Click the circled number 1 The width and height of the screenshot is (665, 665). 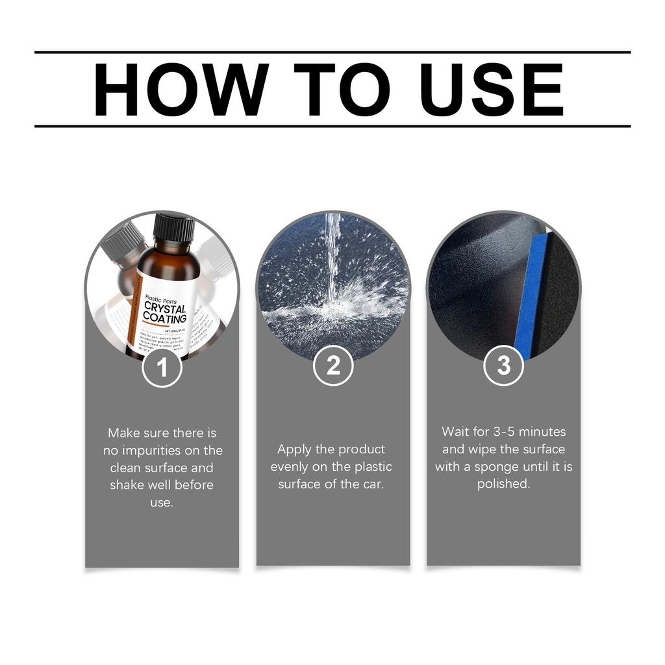tap(162, 368)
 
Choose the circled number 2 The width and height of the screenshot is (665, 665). tap(333, 366)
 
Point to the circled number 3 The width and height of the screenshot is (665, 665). tap(504, 366)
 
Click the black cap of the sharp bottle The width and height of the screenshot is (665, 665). tap(173, 227)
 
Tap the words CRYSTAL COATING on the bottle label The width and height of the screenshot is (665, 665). tap(165, 312)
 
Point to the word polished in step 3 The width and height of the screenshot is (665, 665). tap(503, 484)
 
